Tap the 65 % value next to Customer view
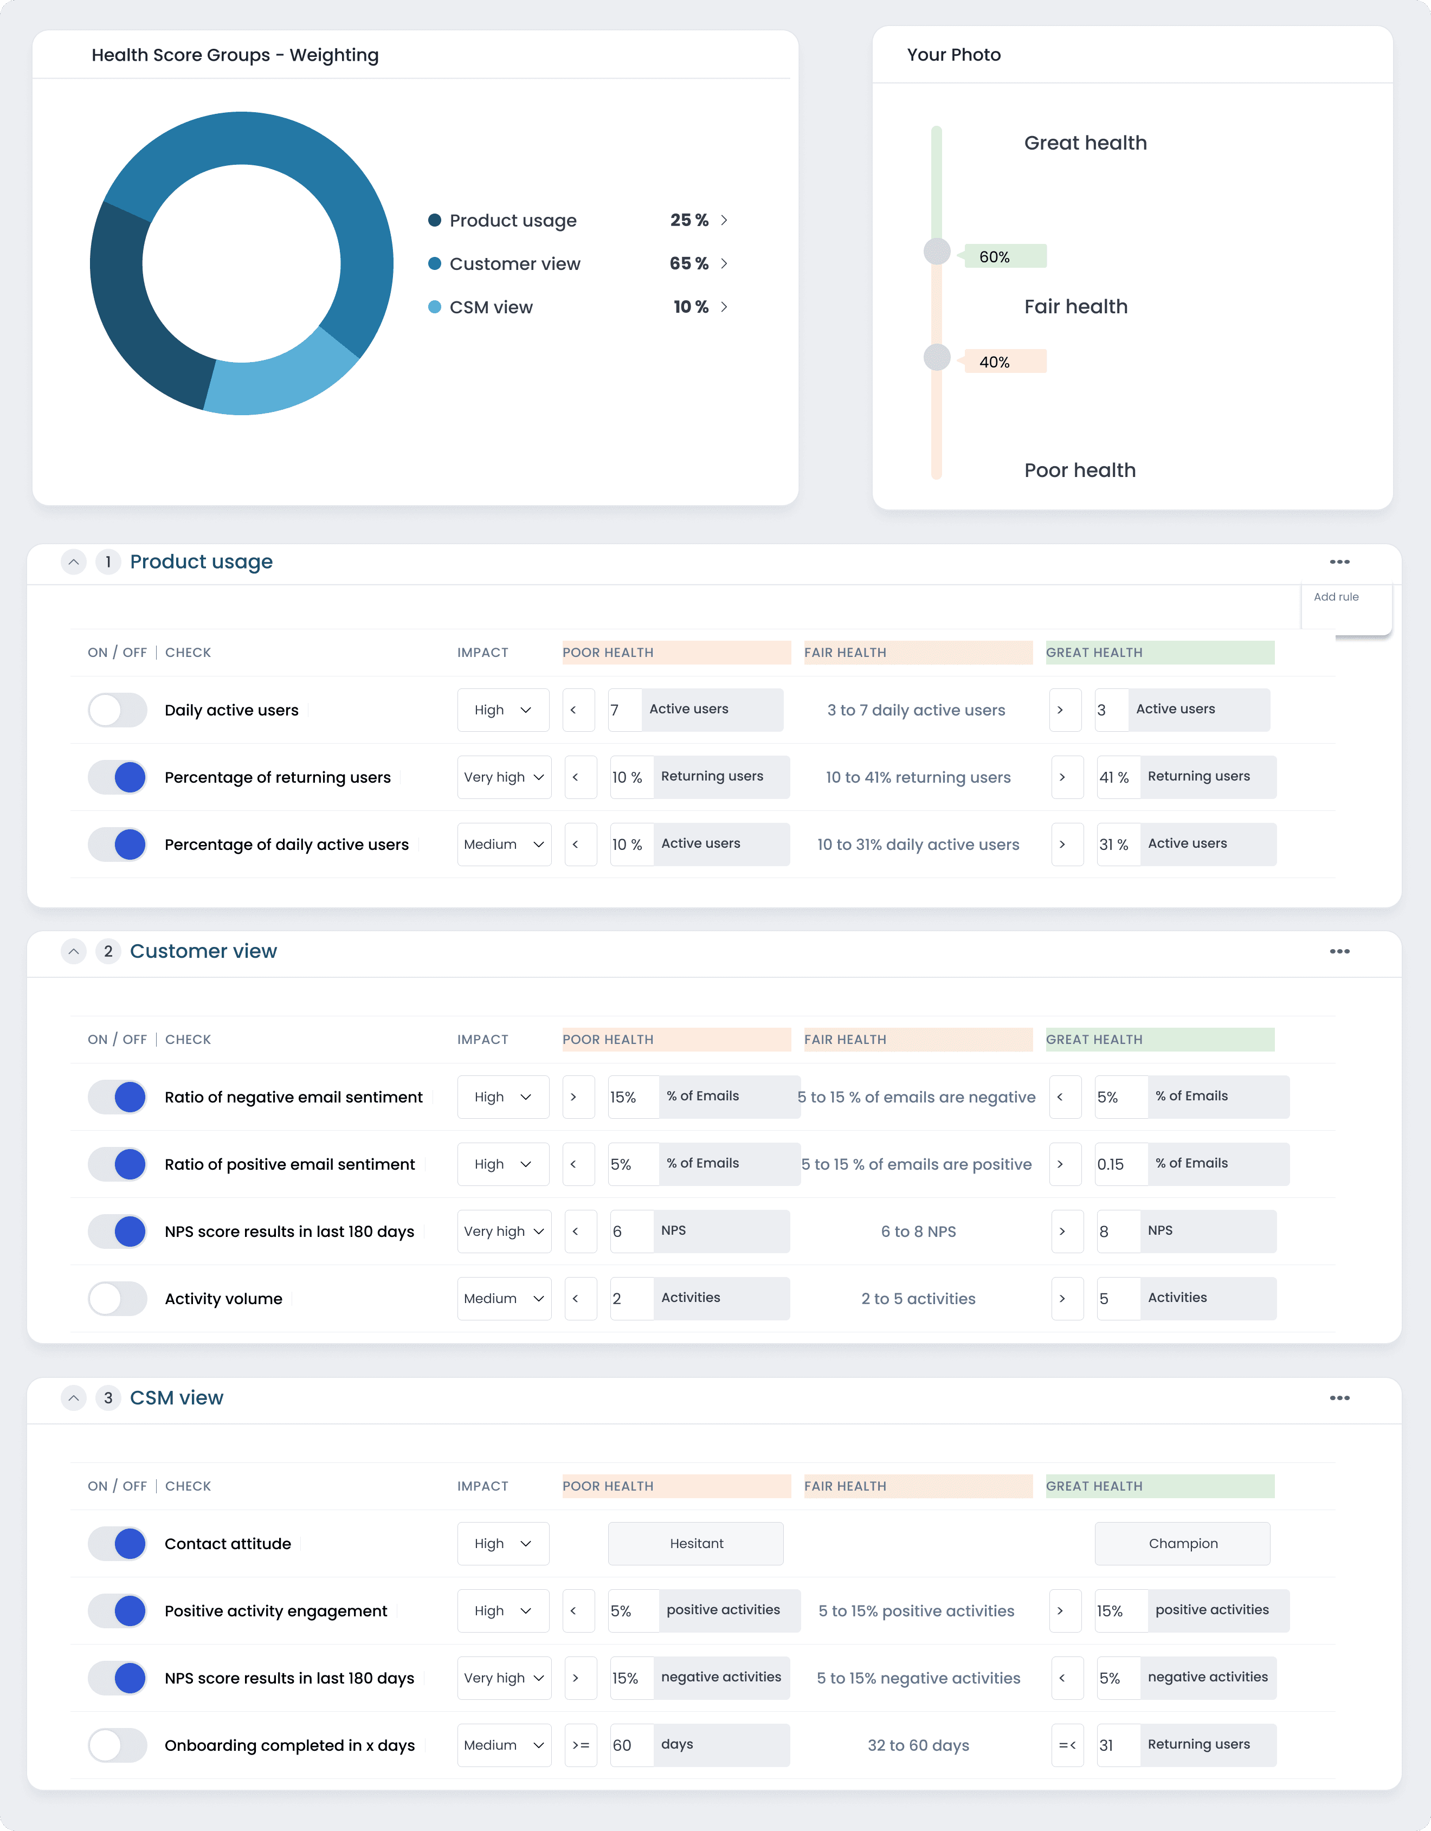point(688,263)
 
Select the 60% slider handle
point(937,252)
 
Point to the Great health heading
point(1085,143)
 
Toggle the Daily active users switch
point(118,710)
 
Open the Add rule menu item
point(1336,597)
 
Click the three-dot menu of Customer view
point(1339,952)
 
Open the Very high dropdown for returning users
point(504,777)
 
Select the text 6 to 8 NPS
point(918,1232)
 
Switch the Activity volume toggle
point(118,1299)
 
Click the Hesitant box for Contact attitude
point(696,1543)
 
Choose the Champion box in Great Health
point(1182,1543)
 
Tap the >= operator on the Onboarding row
point(580,1745)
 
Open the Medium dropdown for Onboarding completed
point(504,1745)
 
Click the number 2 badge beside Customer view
point(108,952)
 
